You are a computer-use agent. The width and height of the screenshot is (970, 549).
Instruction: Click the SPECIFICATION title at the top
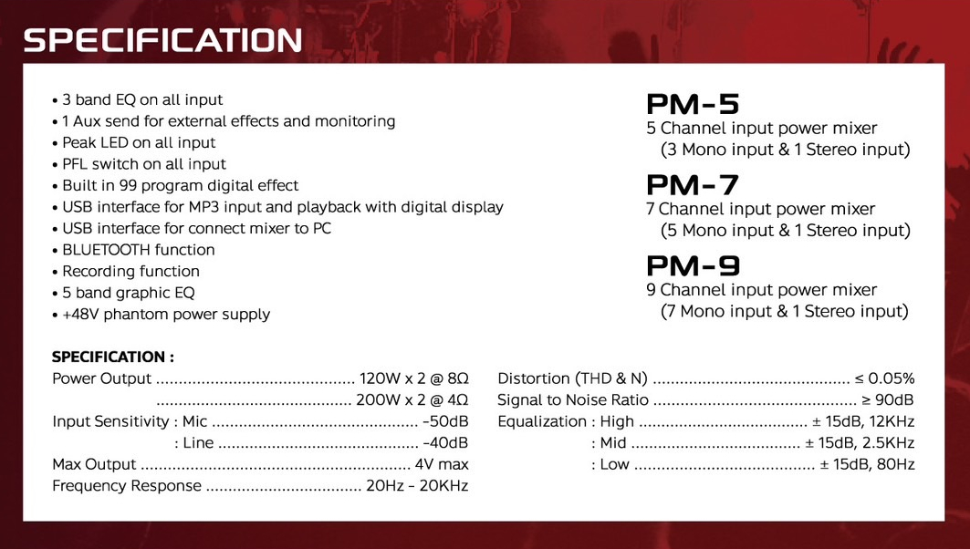pyautogui.click(x=162, y=41)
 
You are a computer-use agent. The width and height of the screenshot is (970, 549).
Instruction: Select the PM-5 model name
pyautogui.click(x=693, y=104)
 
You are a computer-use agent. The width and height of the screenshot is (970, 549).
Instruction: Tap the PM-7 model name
pyautogui.click(x=693, y=185)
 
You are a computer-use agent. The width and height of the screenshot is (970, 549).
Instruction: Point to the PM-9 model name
pyautogui.click(x=693, y=266)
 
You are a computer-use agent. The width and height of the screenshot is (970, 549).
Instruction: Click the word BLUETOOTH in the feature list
pyautogui.click(x=106, y=250)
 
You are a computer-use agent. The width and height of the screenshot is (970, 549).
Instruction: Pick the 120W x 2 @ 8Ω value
pyautogui.click(x=414, y=378)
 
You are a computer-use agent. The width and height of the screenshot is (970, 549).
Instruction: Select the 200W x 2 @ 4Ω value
pyautogui.click(x=412, y=400)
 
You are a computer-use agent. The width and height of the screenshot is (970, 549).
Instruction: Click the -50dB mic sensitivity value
pyautogui.click(x=445, y=421)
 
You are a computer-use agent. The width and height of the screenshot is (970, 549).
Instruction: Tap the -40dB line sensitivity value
pyautogui.click(x=445, y=442)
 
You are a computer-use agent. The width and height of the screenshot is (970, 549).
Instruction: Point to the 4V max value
pyautogui.click(x=442, y=464)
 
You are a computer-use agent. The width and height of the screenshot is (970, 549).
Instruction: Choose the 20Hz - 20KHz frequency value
pyautogui.click(x=417, y=486)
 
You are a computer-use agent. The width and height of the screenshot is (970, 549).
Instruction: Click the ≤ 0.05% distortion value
pyautogui.click(x=884, y=378)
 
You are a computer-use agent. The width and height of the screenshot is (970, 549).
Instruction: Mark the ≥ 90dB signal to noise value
pyautogui.click(x=888, y=400)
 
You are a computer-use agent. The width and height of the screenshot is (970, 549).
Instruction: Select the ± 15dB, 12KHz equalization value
pyautogui.click(x=863, y=421)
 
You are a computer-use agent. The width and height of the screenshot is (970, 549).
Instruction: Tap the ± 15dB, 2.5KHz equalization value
pyautogui.click(x=860, y=442)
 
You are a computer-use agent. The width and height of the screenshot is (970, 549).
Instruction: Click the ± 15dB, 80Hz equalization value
pyautogui.click(x=867, y=464)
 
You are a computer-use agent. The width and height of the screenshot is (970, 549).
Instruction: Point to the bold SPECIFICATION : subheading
pyautogui.click(x=113, y=357)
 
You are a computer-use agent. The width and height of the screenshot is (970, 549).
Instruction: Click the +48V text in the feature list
pyautogui.click(x=80, y=314)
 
